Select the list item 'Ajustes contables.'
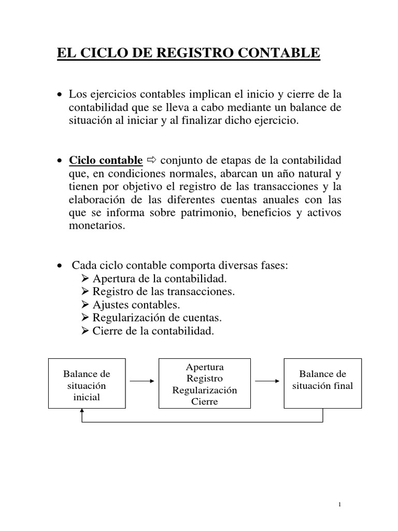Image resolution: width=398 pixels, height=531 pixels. (x=137, y=305)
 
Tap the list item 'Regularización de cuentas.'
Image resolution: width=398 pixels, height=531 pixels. (x=153, y=318)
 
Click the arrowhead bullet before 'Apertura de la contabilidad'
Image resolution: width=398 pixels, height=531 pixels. (x=86, y=279)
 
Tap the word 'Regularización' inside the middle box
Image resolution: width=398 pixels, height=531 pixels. (x=204, y=390)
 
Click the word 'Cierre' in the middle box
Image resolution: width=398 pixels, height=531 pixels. (x=204, y=401)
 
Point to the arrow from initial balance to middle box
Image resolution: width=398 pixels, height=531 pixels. (x=141, y=381)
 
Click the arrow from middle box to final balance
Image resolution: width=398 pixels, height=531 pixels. (x=267, y=381)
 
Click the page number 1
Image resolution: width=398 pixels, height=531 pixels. (x=338, y=505)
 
